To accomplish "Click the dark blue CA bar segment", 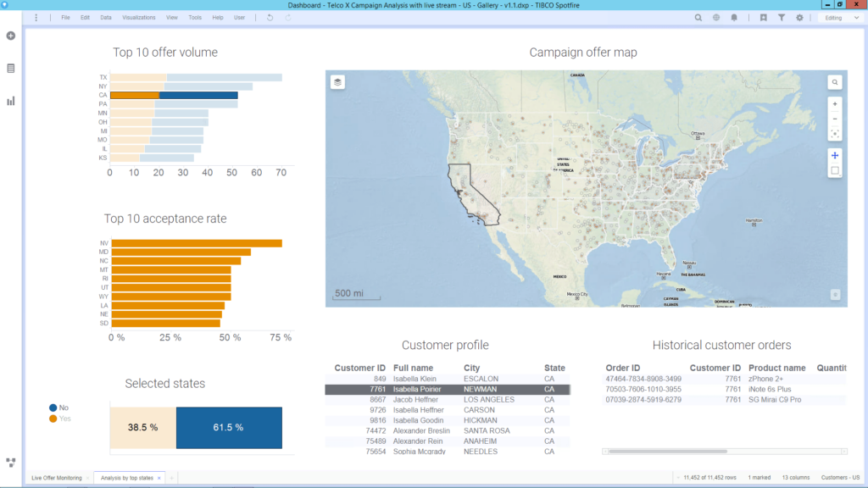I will click(198, 95).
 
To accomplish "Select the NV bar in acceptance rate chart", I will click(197, 243).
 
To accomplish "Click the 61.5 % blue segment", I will click(229, 427).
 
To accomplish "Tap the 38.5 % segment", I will click(142, 427).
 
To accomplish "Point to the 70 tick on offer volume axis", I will click(281, 172).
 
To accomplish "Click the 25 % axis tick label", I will click(171, 337).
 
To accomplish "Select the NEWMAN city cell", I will click(480, 389).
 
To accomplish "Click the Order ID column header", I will click(623, 368).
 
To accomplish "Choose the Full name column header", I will click(413, 368).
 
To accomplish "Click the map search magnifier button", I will click(835, 82).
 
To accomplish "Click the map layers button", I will click(337, 82).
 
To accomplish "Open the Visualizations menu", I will click(138, 17).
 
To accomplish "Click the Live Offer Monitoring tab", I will click(57, 478).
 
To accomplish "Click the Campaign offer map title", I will click(582, 53).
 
